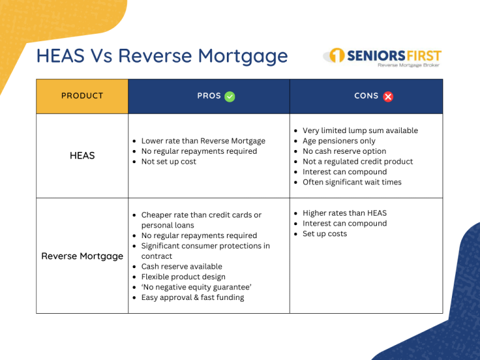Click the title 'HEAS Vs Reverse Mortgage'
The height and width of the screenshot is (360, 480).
tap(162, 56)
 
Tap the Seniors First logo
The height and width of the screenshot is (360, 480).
tap(382, 57)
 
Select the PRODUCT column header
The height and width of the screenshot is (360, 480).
tap(82, 96)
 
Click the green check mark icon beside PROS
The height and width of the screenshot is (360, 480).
tap(230, 96)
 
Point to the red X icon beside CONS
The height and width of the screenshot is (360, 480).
tap(388, 96)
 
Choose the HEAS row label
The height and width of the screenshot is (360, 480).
tap(82, 156)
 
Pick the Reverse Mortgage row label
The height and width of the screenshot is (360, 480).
tap(82, 256)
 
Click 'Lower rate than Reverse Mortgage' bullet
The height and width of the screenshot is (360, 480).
tap(203, 141)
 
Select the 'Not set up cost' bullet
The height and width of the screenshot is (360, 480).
tap(169, 161)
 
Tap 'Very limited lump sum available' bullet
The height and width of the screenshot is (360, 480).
tap(360, 131)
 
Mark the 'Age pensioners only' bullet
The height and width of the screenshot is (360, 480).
tap(339, 141)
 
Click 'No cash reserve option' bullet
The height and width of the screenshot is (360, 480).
tap(344, 151)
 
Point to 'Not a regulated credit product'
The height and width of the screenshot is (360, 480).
tap(357, 161)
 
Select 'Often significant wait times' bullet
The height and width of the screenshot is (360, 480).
tap(352, 182)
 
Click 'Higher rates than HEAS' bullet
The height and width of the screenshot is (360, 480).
tap(344, 213)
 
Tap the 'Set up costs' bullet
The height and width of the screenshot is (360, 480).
tap(324, 234)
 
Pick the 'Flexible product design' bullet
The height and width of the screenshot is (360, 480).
tap(183, 277)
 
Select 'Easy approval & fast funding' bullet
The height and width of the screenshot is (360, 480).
tap(192, 297)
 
